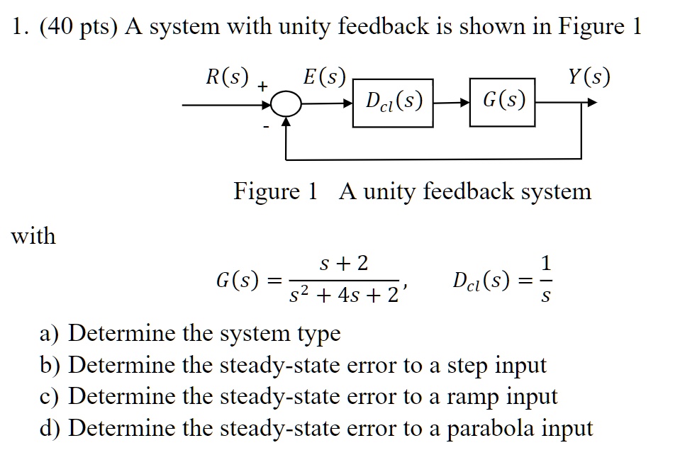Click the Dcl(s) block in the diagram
click(x=392, y=103)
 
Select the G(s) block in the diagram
click(x=503, y=103)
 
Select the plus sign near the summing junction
click(x=262, y=86)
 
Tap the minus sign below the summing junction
click(x=266, y=128)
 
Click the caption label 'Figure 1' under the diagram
click(x=276, y=191)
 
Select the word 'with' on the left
click(x=33, y=235)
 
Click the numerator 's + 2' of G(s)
click(x=345, y=264)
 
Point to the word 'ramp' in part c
click(x=472, y=396)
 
